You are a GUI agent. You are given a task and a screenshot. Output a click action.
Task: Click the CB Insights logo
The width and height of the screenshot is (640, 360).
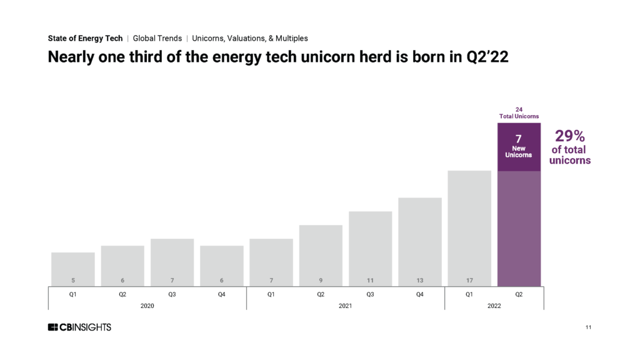tap(79, 327)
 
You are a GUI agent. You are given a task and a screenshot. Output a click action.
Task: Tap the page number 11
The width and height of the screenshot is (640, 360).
tap(588, 327)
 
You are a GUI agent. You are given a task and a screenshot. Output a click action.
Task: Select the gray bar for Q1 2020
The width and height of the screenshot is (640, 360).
tap(73, 269)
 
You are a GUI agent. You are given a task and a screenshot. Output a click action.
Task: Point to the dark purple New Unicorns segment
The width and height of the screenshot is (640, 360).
tap(519, 147)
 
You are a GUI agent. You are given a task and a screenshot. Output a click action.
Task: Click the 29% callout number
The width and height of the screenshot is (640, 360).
tap(570, 137)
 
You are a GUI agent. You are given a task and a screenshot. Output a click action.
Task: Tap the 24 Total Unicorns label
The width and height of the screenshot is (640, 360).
tap(519, 112)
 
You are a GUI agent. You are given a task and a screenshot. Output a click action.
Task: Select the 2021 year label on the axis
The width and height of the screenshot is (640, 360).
tap(346, 305)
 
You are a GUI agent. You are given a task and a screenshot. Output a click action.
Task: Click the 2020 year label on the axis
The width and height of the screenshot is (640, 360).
tap(147, 305)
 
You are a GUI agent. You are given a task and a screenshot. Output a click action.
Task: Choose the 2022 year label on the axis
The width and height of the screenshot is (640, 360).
tap(494, 305)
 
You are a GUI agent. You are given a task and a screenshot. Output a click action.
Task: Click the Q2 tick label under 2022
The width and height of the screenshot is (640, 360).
tap(519, 294)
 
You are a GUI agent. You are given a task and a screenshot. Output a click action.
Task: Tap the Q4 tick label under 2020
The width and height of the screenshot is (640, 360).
tap(221, 294)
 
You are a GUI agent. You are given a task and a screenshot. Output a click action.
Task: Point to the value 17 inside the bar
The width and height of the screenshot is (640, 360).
tap(469, 281)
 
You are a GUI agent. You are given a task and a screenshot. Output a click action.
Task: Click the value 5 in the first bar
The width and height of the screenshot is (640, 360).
tap(73, 281)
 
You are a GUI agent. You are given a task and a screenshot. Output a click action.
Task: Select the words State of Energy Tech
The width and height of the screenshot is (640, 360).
tap(85, 38)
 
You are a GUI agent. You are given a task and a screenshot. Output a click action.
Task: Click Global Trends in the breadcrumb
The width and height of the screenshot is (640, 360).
tap(157, 38)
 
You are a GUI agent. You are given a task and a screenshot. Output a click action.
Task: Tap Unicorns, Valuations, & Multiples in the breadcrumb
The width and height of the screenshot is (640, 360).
tap(250, 38)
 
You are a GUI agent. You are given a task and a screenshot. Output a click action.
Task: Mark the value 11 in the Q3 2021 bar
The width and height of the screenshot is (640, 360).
tap(370, 281)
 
